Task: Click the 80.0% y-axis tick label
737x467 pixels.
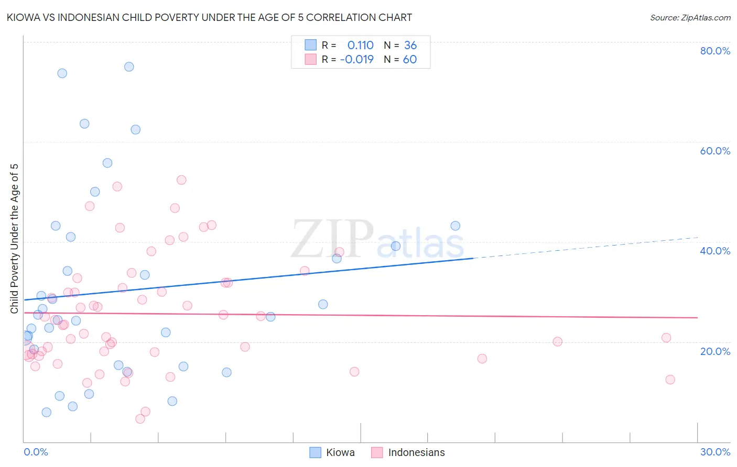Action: (715, 51)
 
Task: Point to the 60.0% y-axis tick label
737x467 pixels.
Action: (715, 151)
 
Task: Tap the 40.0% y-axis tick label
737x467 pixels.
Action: (715, 251)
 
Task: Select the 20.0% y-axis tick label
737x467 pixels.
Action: (715, 351)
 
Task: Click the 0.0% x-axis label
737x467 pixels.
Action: (36, 452)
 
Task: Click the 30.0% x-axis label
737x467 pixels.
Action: (715, 452)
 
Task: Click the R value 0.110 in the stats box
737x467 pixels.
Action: (360, 46)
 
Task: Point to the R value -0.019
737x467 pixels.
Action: (356, 60)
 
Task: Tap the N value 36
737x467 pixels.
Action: (410, 46)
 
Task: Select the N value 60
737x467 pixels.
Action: (410, 60)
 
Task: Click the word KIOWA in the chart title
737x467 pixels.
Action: (24, 17)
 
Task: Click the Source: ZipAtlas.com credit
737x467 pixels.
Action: (690, 18)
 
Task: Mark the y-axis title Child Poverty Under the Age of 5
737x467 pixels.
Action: (15, 239)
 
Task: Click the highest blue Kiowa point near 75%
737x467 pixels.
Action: (129, 66)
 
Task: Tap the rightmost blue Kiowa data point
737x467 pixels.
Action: (455, 226)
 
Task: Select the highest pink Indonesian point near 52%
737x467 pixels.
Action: (181, 180)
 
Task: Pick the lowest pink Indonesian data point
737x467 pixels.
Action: (140, 419)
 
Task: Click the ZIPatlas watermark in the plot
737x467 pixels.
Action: (377, 240)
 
